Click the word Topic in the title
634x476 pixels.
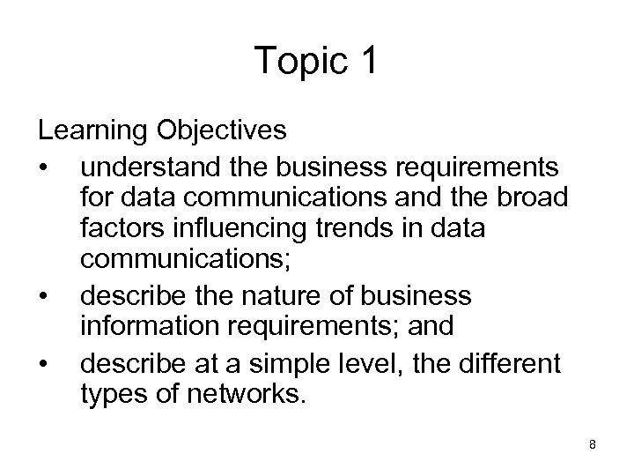pyautogui.click(x=293, y=60)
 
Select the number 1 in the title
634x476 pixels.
pyautogui.click(x=367, y=60)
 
